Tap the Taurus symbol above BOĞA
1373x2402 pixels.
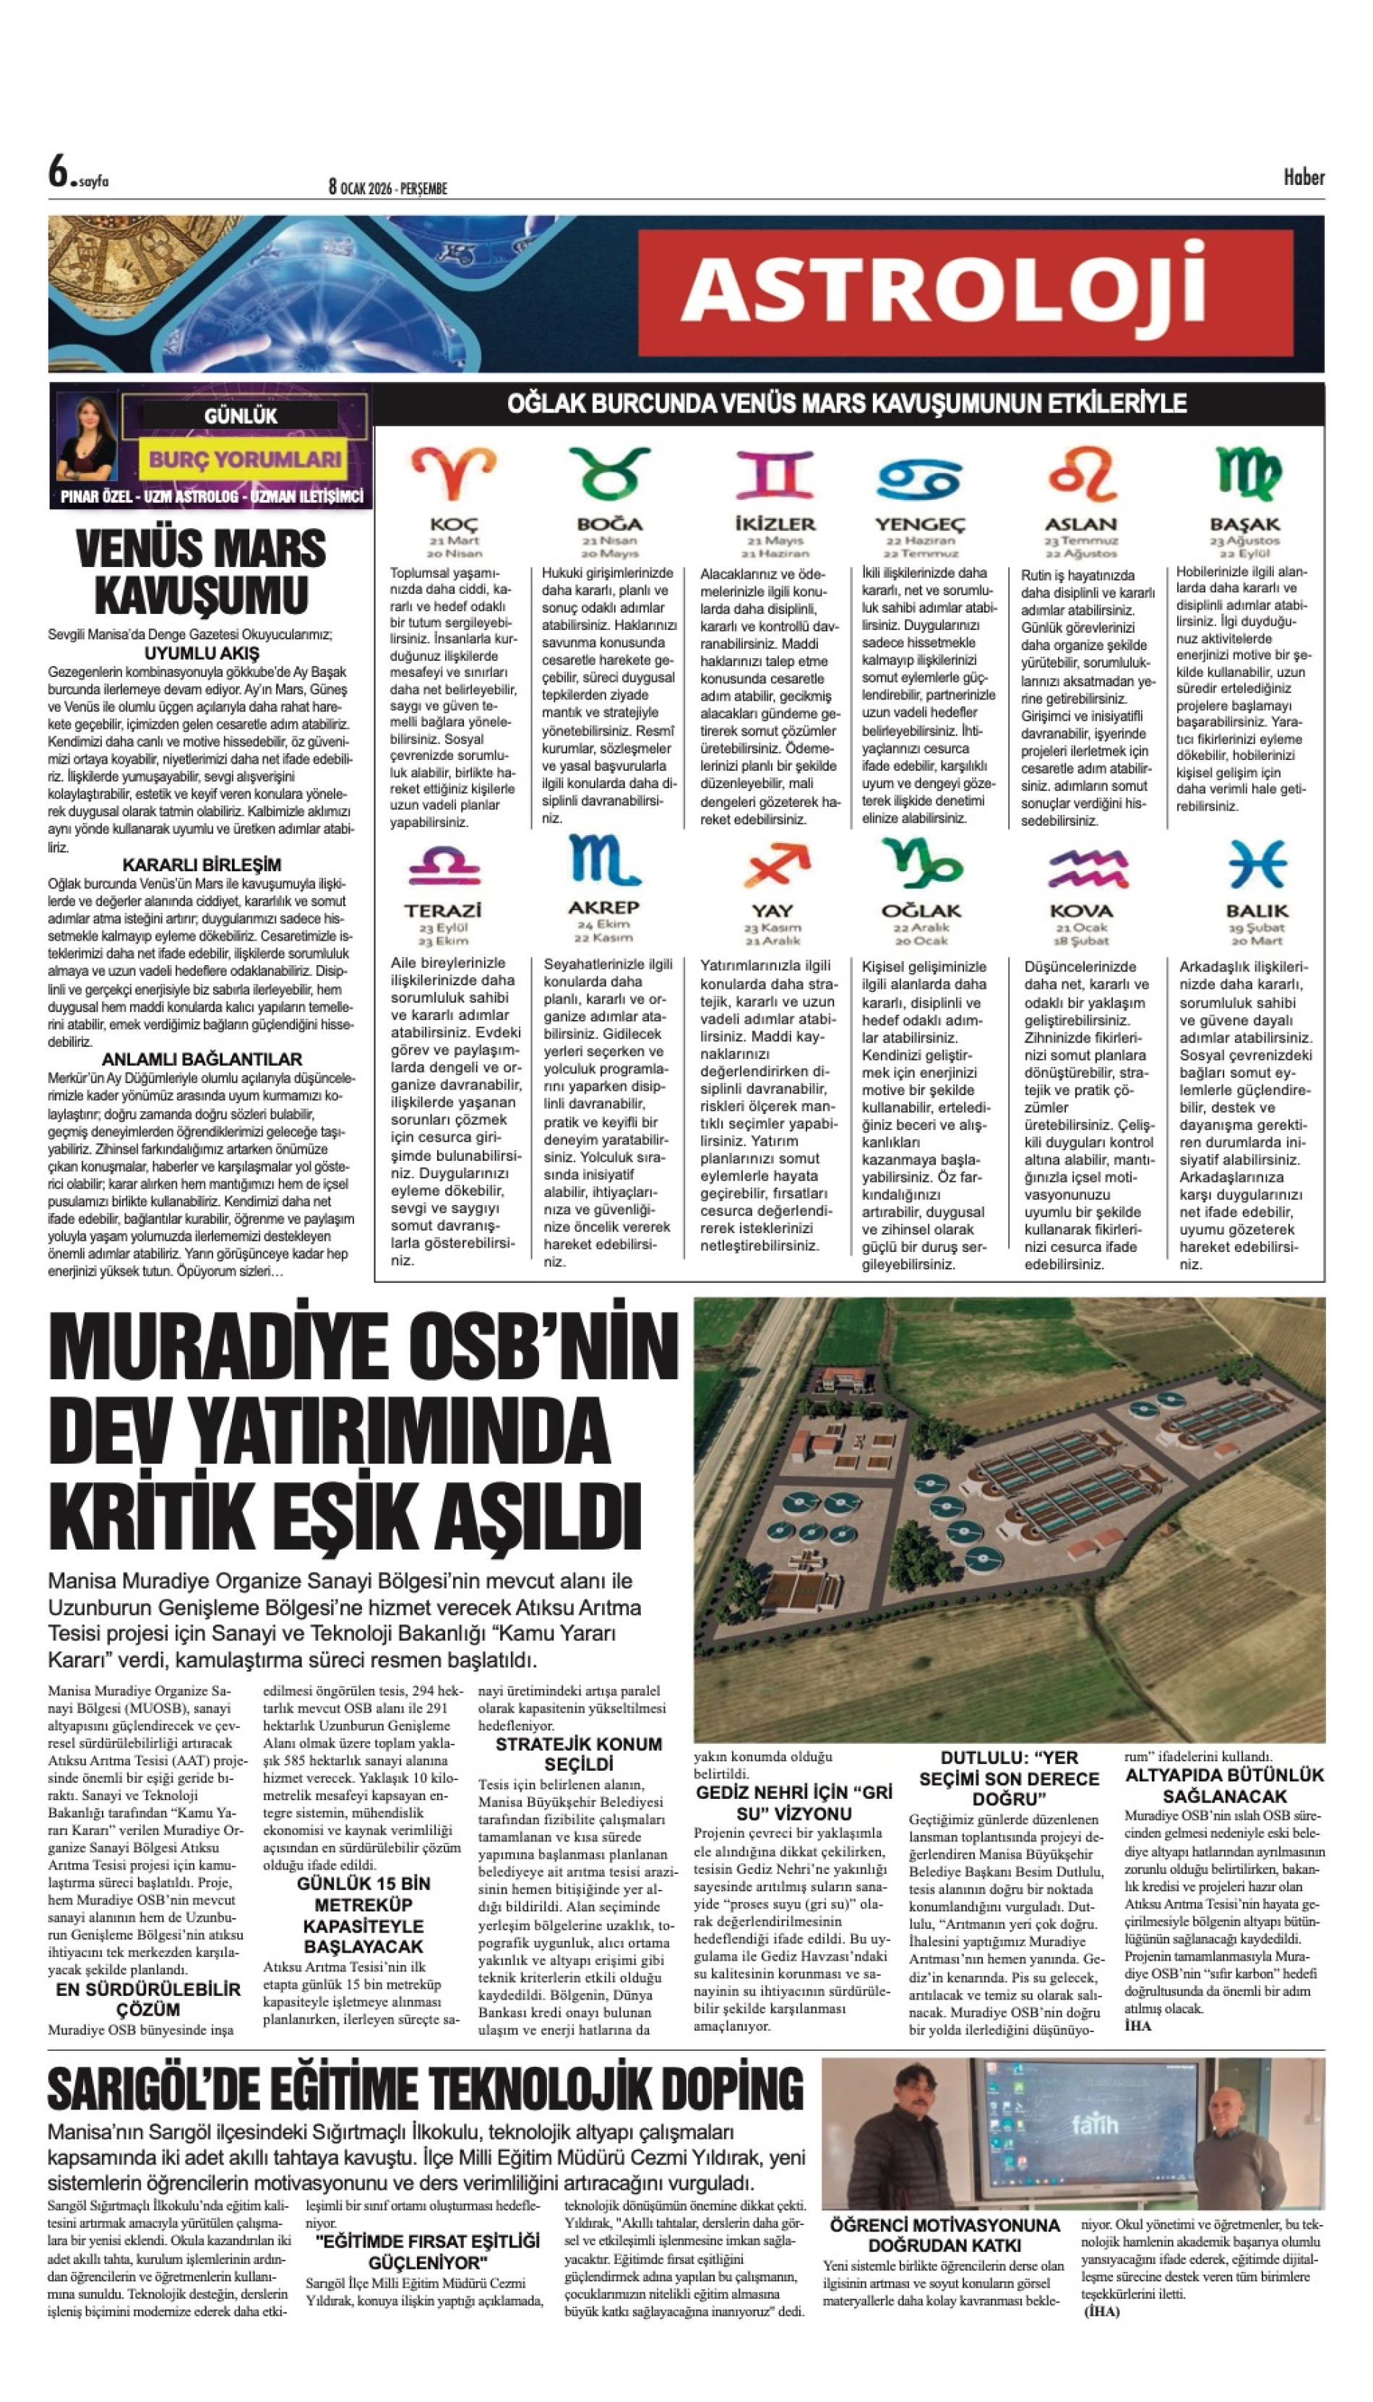(609, 472)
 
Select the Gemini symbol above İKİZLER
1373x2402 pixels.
(774, 473)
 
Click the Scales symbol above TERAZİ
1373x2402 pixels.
(443, 865)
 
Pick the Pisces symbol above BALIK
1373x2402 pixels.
(1256, 863)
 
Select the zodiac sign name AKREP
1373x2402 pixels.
(603, 907)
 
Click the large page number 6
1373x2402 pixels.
(59, 172)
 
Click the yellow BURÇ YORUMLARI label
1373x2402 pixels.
(244, 460)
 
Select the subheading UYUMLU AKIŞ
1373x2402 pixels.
(202, 653)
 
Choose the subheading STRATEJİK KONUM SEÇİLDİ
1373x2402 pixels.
(578, 1753)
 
